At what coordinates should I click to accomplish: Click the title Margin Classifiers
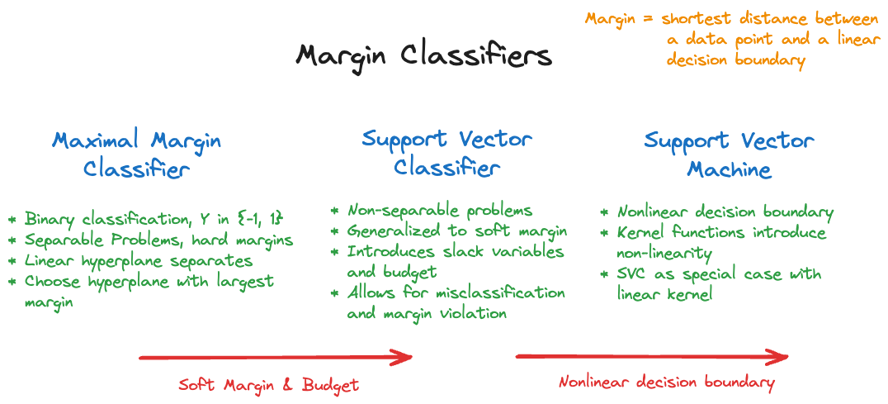(x=423, y=57)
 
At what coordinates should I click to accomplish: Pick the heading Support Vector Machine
(x=730, y=154)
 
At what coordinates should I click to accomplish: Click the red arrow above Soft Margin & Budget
(x=276, y=357)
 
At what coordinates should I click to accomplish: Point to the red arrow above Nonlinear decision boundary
(x=652, y=356)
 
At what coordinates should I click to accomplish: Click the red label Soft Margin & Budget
(x=268, y=385)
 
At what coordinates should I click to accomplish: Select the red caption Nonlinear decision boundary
(x=667, y=383)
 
